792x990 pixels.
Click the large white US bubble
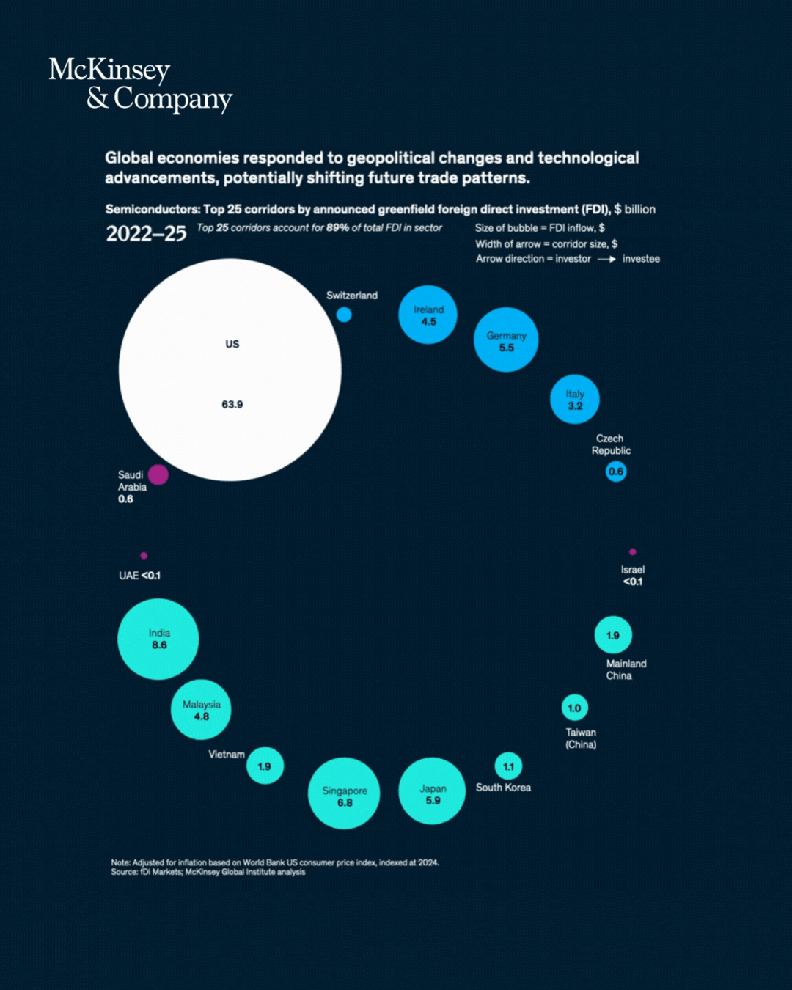click(x=230, y=370)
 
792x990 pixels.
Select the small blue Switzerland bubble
click(x=344, y=315)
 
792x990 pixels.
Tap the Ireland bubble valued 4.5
click(x=428, y=315)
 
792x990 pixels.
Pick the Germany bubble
click(x=506, y=340)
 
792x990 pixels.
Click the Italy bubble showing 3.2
click(x=575, y=399)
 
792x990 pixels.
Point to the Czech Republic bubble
click(x=616, y=472)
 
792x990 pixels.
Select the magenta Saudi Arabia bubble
click(x=158, y=474)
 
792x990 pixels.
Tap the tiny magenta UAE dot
click(x=144, y=556)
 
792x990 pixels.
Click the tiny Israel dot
click(x=633, y=551)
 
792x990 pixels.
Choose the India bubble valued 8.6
click(x=158, y=639)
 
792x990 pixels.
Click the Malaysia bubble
click(x=201, y=709)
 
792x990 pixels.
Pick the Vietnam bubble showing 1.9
click(x=265, y=766)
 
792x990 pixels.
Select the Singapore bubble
click(x=344, y=793)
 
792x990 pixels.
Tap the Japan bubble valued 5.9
click(x=432, y=791)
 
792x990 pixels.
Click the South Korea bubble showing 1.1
click(x=508, y=766)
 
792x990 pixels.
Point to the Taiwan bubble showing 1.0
click(x=575, y=708)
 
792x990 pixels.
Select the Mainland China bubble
click(x=613, y=635)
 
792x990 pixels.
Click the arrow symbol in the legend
click(x=606, y=259)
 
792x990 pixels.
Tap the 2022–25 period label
click(x=146, y=234)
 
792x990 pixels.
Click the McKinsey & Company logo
click(x=140, y=84)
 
